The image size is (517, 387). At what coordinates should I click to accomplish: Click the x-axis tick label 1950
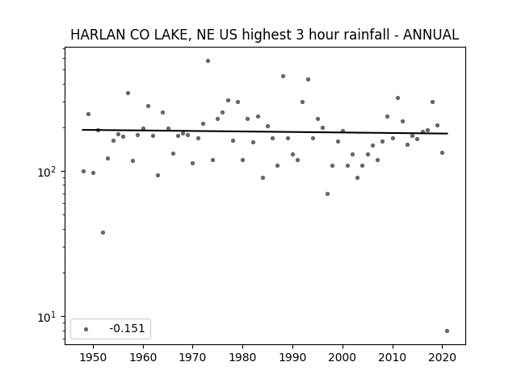pos(93,357)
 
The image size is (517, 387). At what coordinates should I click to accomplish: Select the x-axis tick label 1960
pos(143,357)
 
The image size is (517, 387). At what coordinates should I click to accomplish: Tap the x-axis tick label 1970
pos(192,357)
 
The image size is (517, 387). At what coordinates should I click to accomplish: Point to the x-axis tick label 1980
pos(242,357)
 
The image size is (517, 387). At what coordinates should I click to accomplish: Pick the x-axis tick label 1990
pos(292,357)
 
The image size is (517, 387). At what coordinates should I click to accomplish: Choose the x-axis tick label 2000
pos(343,357)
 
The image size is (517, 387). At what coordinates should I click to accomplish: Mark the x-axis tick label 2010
pos(393,357)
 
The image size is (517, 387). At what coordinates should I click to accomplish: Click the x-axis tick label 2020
pos(443,357)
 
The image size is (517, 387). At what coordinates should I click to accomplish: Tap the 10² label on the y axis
pos(48,172)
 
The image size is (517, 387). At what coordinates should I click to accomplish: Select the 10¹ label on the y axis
pos(48,317)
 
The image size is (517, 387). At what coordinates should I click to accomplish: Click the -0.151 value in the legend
pos(127,328)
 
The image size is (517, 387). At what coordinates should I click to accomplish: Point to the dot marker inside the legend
pos(86,329)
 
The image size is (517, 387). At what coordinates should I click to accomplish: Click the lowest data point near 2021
pos(447,331)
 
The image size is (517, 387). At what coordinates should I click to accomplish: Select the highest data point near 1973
pos(208,61)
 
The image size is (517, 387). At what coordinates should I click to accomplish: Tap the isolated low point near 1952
pos(103,233)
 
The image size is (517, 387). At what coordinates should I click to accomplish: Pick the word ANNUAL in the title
pos(431,35)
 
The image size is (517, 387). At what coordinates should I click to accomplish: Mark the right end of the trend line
pos(448,133)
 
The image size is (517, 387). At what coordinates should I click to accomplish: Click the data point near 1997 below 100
pos(327,193)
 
